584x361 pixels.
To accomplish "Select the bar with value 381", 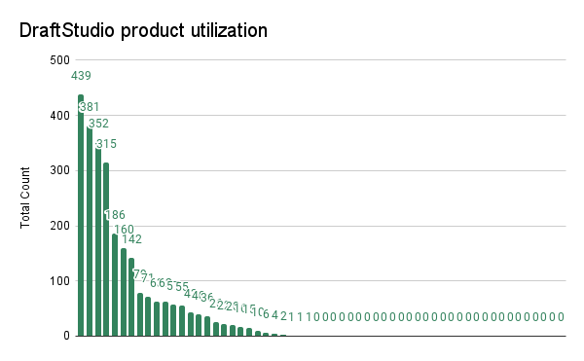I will point(90,234).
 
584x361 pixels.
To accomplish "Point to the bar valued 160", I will point(124,292).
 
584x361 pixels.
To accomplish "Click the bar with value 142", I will point(131,298).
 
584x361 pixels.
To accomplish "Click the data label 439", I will point(81,76).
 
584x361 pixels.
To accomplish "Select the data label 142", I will point(131,239).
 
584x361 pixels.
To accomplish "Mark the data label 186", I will point(115,215).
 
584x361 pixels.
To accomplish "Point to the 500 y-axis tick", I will point(59,60).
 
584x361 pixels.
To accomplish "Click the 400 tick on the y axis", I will point(59,116).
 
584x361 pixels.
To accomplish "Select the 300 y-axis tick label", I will point(59,170).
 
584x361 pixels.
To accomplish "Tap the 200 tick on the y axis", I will point(59,226).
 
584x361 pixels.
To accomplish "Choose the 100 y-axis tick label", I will point(59,281).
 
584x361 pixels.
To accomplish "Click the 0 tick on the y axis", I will point(65,336).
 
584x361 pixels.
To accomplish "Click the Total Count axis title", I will point(26,198).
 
